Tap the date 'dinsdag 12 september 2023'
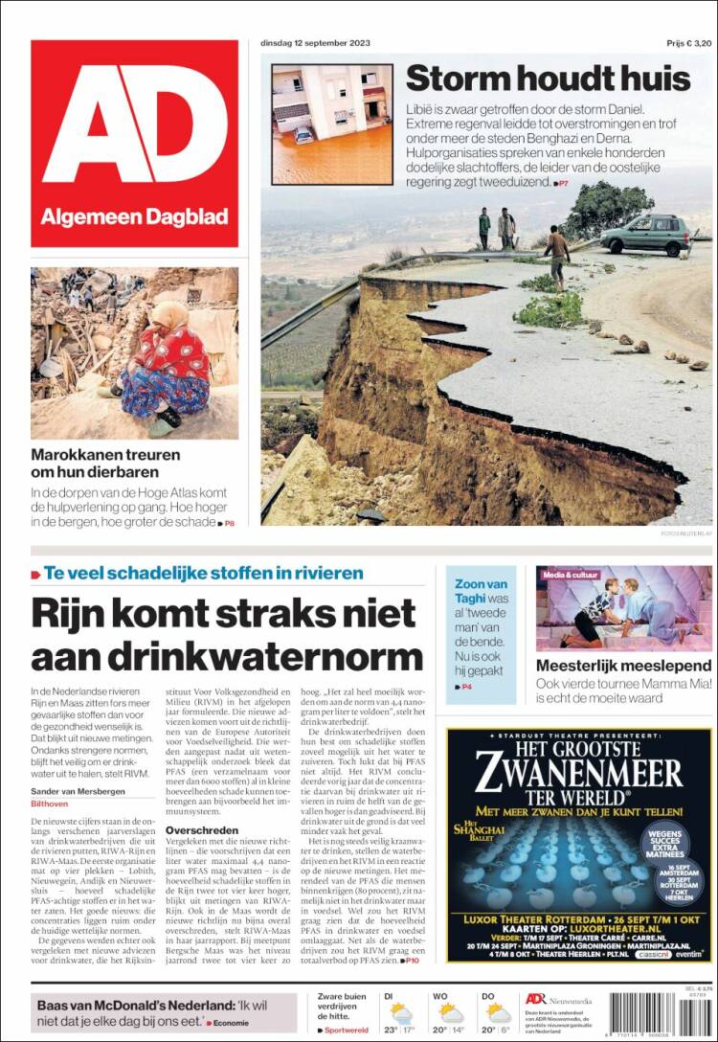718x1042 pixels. pos(315,43)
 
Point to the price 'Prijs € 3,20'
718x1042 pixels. pos(689,44)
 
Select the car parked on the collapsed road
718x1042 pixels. pos(646,235)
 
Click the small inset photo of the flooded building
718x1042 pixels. pos(332,124)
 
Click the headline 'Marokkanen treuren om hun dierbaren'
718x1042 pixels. pos(105,464)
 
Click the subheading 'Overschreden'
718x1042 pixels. pos(204,829)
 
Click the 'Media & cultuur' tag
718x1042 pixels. pos(571,575)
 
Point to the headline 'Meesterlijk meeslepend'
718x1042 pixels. pos(623,665)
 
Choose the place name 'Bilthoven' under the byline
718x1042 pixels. pos(50,805)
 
